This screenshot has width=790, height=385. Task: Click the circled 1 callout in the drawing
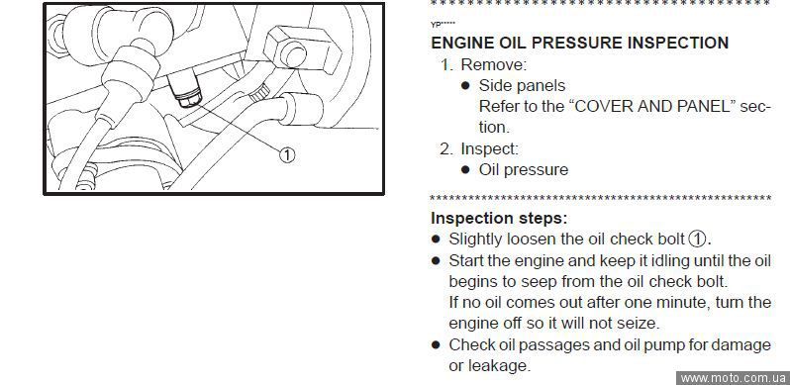287,154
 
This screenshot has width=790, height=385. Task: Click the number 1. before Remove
447,65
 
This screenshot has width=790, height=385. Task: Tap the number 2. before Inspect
446,149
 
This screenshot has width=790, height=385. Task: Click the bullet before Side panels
465,86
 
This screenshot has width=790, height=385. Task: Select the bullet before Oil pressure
465,170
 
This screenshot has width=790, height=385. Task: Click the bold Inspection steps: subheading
499,219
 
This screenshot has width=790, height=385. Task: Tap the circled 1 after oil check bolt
697,239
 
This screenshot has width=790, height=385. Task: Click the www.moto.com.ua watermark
733,378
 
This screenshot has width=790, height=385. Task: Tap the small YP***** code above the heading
443,24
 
